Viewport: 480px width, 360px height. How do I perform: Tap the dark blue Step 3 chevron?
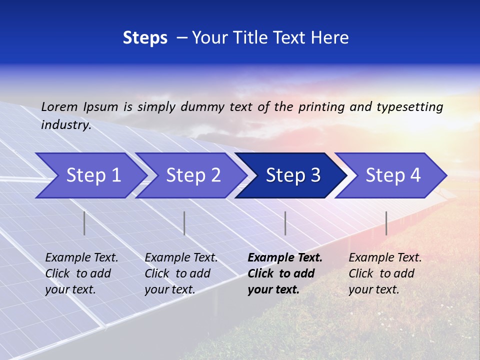point(293,175)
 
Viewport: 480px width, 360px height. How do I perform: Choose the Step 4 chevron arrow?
point(393,175)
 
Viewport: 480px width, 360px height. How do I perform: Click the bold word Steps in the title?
point(145,37)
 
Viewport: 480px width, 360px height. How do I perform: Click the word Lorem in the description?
point(59,106)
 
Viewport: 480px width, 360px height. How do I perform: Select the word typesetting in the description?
point(409,106)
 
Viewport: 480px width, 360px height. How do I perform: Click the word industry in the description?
point(65,125)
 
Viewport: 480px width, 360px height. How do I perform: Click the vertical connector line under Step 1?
point(84,223)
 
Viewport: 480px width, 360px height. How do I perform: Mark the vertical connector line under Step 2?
point(184,223)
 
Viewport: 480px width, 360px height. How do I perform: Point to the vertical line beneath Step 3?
point(285,223)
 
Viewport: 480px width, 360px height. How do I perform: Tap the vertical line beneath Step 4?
point(386,223)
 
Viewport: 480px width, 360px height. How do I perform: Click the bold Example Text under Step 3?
point(285,258)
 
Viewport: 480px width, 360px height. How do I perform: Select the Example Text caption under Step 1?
point(81,258)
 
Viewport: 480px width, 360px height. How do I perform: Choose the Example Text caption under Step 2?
point(181,258)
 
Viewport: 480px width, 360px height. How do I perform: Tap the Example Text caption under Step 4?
point(385,258)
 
